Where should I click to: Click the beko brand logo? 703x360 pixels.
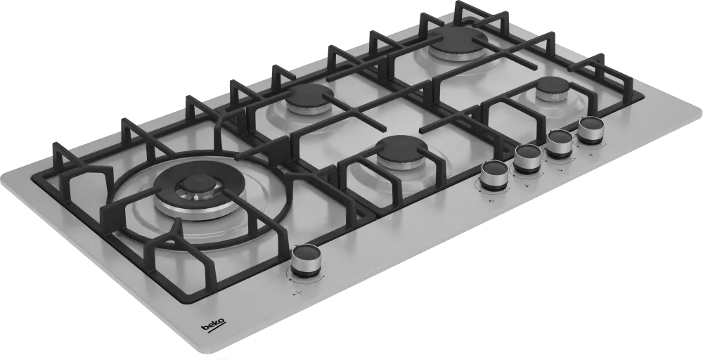coord(214,326)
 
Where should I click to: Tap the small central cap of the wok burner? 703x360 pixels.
coord(198,184)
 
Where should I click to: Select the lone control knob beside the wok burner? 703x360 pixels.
coord(306,260)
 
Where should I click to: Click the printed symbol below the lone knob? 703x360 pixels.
coord(297,293)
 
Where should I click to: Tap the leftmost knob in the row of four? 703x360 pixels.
coord(494,175)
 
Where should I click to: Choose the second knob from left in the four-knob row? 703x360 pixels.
coord(528,158)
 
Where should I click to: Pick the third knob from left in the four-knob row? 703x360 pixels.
coord(560,143)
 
